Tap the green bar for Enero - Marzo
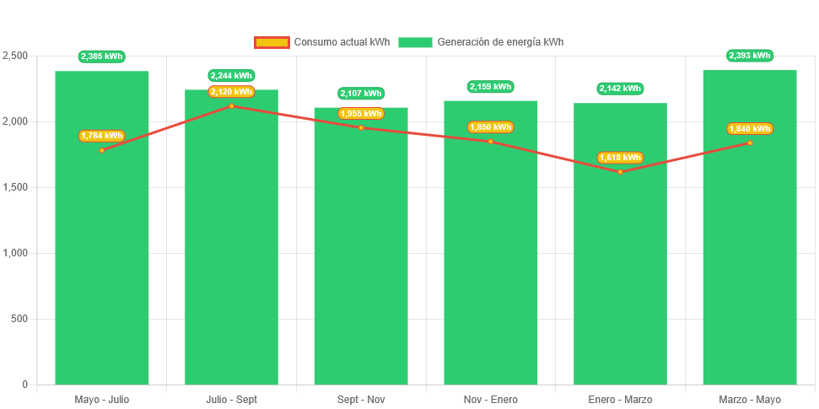pos(620,270)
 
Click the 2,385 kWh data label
pos(102,57)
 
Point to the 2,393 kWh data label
pos(750,56)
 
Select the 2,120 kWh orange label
pos(231,92)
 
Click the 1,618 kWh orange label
pos(620,158)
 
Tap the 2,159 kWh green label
pos(490,87)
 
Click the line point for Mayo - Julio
pos(102,150)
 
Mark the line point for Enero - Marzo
pos(620,172)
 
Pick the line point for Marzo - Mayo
pos(750,143)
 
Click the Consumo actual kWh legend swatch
pos(272,42)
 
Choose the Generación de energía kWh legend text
pos(500,42)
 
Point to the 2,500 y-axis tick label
pos(15,56)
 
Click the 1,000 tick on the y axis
pos(15,253)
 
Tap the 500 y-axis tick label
pos(19,319)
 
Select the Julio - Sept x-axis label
pos(231,400)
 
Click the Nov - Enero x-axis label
pos(490,400)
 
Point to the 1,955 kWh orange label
pos(361,114)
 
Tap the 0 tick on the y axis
pos(25,385)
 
